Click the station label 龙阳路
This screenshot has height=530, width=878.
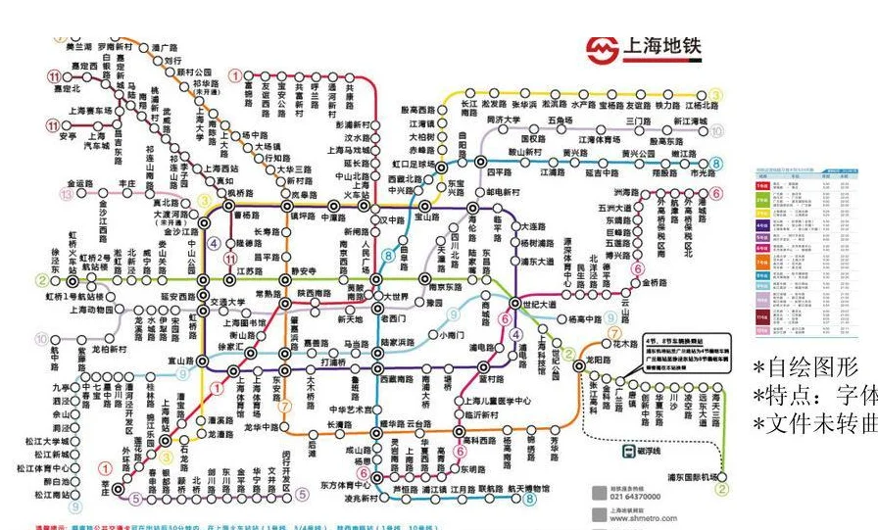[599, 360]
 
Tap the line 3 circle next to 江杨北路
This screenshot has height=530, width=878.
[716, 94]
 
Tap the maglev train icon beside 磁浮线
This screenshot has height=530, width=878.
[627, 452]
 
